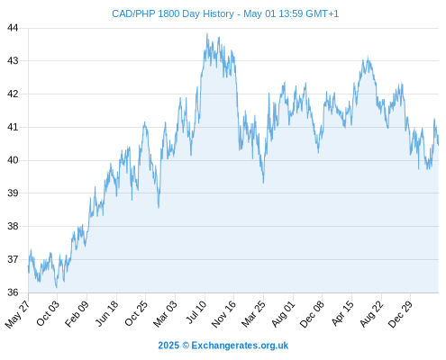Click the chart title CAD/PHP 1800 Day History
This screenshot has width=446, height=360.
point(173,13)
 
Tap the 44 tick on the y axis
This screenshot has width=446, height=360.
point(13,28)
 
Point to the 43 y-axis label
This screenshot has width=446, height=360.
point(13,61)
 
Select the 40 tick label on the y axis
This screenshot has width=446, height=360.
point(13,160)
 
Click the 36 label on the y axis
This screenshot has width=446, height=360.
point(13,292)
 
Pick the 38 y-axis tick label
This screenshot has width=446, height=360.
point(13,226)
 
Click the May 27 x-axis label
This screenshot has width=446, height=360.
point(17,314)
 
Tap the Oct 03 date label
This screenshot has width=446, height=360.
point(48,313)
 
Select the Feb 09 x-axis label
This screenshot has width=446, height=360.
point(77,313)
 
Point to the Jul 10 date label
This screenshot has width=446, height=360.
point(196,312)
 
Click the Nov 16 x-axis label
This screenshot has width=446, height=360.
point(223,314)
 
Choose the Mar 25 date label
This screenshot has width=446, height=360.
point(253,314)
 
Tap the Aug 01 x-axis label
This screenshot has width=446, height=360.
point(283,314)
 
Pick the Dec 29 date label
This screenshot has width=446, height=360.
point(400,314)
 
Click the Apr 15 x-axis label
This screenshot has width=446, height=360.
point(341,313)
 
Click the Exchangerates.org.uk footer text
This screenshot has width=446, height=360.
point(240,346)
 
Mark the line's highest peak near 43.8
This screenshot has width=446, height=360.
point(207,33)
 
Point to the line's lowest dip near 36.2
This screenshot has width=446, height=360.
point(57,287)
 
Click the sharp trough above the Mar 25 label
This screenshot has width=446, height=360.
point(263,183)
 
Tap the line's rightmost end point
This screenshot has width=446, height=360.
point(439,145)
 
